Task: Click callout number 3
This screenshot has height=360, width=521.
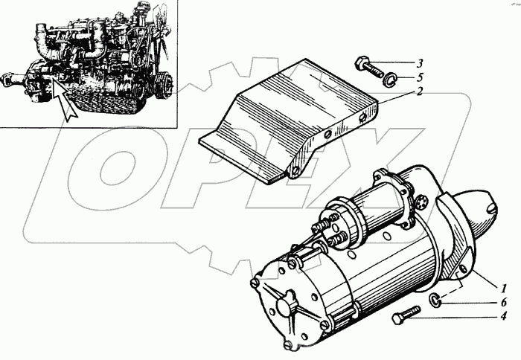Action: click(420, 63)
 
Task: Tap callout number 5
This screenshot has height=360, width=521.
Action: click(420, 77)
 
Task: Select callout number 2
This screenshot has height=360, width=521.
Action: click(419, 91)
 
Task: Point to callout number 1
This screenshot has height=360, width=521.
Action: click(504, 288)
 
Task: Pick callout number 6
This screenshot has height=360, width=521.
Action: click(504, 302)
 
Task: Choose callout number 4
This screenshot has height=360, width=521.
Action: click(504, 316)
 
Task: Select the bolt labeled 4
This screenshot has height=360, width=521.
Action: click(406, 315)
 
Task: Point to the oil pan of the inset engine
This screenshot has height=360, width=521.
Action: click(109, 101)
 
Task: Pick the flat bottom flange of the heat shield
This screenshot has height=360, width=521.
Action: click(242, 159)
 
